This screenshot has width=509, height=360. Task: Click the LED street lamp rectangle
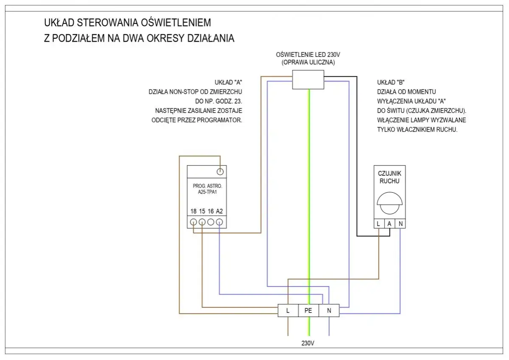pyautogui.click(x=308, y=80)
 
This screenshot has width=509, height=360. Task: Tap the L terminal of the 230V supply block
pyautogui.click(x=288, y=310)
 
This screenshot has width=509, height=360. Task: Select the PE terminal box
pyautogui.click(x=308, y=310)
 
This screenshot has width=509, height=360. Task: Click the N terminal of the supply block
pyautogui.click(x=329, y=310)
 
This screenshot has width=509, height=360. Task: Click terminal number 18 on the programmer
pyautogui.click(x=194, y=211)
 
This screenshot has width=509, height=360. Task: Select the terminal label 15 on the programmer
pyautogui.click(x=202, y=211)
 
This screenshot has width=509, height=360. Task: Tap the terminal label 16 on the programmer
pyautogui.click(x=211, y=211)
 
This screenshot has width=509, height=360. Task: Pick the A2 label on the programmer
pyautogui.click(x=219, y=211)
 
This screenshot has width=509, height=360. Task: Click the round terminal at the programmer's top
pyautogui.click(x=220, y=172)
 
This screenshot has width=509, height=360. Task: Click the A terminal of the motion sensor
pyautogui.click(x=389, y=223)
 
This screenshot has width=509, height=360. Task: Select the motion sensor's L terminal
pyautogui.click(x=378, y=223)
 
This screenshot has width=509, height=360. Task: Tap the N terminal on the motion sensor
pyautogui.click(x=400, y=223)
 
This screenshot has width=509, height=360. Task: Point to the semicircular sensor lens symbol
pyautogui.click(x=389, y=203)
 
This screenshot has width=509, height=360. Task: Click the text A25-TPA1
pyautogui.click(x=207, y=192)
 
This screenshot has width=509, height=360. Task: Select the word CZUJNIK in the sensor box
pyautogui.click(x=389, y=174)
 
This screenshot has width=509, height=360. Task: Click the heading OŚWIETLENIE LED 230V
pyautogui.click(x=308, y=55)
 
